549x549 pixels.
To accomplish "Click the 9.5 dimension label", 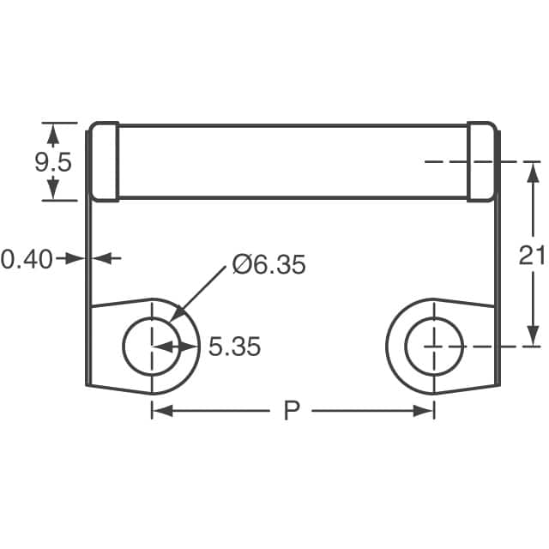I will (x=53, y=163).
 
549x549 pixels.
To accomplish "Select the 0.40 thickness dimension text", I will (x=27, y=257).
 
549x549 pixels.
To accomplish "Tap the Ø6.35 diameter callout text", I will (x=268, y=265).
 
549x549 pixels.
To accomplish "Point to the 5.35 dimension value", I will (x=234, y=347).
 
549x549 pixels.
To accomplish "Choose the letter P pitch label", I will (x=292, y=412).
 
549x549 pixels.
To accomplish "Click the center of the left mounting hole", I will (x=152, y=347).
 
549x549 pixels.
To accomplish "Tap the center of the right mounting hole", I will (x=434, y=347).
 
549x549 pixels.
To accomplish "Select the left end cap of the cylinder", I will (x=104, y=163).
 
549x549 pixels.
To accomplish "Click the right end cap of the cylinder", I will (x=481, y=163).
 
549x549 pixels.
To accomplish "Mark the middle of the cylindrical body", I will (x=292, y=163).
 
